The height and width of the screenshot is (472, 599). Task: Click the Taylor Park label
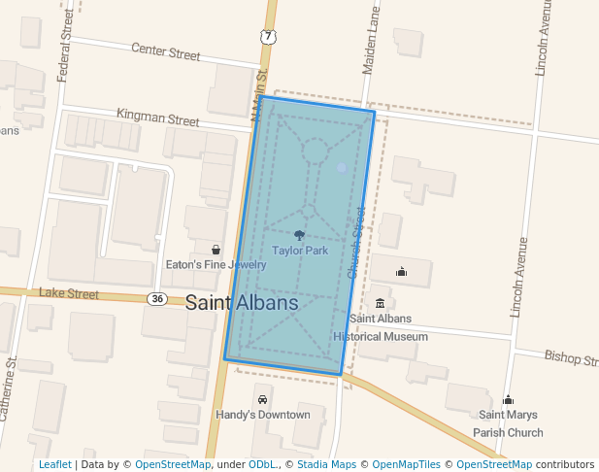coord(300,251)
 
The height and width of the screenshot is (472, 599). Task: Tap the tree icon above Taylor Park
coord(299,235)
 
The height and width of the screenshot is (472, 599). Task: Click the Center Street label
coord(165,51)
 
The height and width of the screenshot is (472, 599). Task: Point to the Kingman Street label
coord(157,118)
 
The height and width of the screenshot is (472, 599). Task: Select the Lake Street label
coord(69,293)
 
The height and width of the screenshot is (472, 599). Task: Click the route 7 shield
coord(266,37)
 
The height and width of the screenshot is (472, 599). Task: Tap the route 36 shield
coord(156,298)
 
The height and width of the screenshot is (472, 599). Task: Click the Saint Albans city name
coord(242,303)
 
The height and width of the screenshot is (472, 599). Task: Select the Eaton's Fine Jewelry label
coord(216,264)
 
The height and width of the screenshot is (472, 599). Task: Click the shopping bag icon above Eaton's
coord(216,250)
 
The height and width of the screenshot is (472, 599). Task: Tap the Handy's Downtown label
coord(262,415)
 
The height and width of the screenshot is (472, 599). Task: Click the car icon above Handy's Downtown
coord(262,399)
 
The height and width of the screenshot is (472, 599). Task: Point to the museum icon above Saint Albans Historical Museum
coord(380,303)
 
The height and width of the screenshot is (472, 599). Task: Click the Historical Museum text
coord(381,337)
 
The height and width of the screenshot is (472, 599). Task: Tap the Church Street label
coord(357,243)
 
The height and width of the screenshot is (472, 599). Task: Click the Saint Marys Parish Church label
coord(508,423)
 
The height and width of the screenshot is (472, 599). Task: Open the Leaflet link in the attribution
coord(54,465)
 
